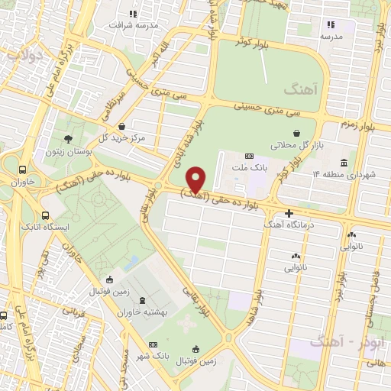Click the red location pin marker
pyautogui.click(x=197, y=179)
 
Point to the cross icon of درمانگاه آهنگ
pyautogui.click(x=288, y=213)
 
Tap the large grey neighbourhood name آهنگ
pyautogui.click(x=299, y=90)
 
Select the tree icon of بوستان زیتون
pyautogui.click(x=69, y=139)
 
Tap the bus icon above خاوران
pyautogui.click(x=24, y=170)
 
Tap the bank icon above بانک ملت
pyautogui.click(x=248, y=157)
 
